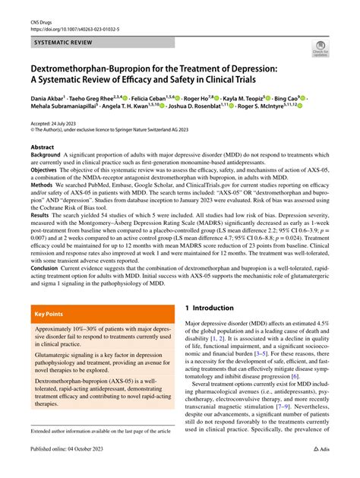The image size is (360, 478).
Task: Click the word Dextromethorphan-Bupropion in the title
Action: point(83,69)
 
